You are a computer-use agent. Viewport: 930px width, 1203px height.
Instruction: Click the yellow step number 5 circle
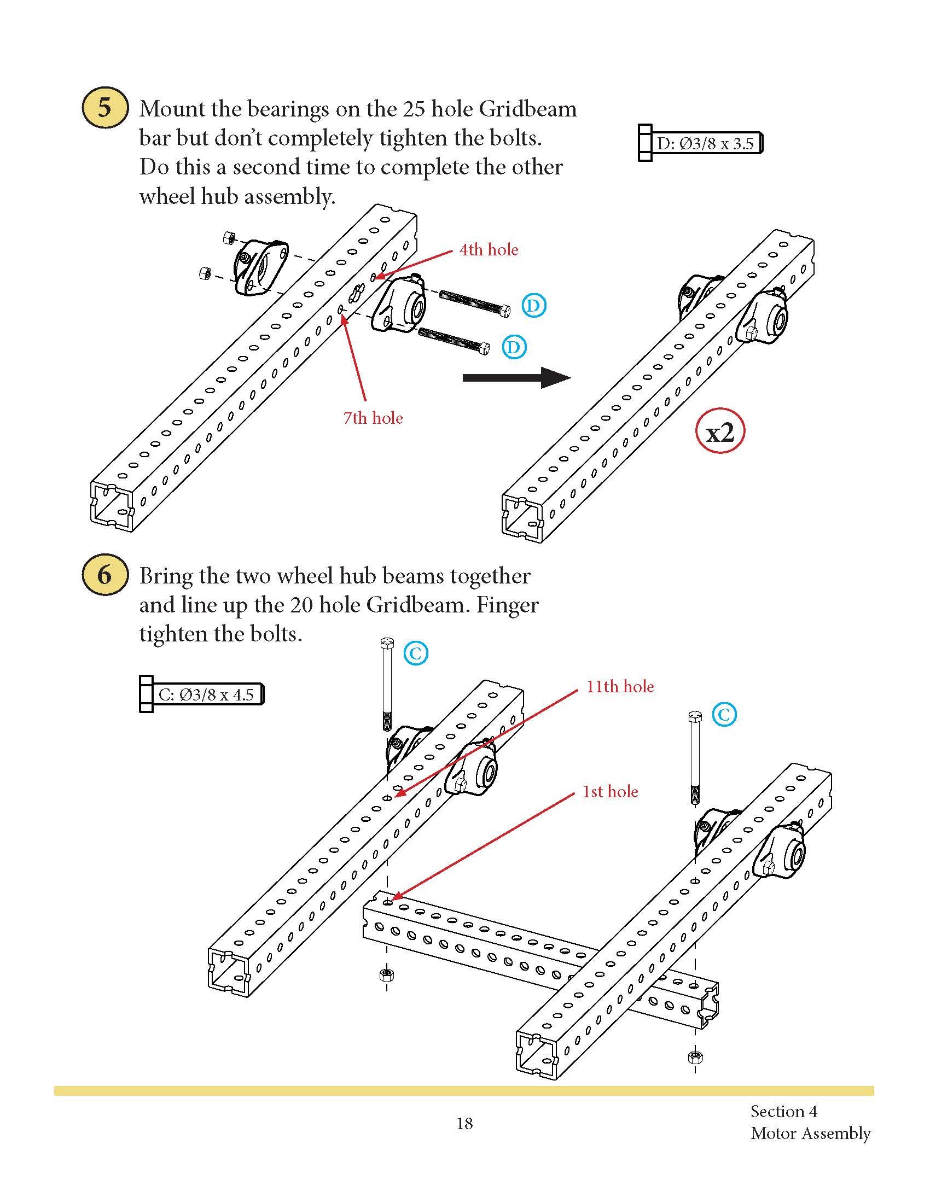tap(104, 107)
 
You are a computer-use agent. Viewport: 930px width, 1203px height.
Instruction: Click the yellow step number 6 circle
tap(104, 575)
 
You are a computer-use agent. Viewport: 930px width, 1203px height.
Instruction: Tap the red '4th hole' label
tap(489, 250)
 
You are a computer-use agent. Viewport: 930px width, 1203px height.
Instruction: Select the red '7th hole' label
tap(373, 418)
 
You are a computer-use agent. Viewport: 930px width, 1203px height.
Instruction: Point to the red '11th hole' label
tap(620, 686)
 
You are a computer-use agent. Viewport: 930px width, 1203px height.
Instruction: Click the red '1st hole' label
tap(611, 792)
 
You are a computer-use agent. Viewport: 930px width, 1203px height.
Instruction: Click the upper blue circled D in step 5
tap(533, 306)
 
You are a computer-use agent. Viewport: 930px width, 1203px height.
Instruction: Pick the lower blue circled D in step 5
tap(514, 347)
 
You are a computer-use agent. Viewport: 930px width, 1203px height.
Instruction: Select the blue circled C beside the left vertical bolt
tap(416, 653)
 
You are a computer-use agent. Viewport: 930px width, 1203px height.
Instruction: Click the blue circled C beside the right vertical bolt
tap(724, 715)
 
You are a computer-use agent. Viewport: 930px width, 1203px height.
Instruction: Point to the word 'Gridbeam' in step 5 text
tap(527, 109)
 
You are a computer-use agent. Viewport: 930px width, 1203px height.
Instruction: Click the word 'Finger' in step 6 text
tap(507, 605)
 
